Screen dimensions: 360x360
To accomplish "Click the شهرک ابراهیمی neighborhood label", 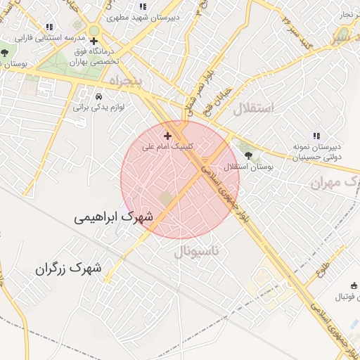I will point(114,218).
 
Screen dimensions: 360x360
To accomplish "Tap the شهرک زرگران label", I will point(68,268).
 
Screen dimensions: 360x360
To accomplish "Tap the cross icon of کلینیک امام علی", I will point(167,135).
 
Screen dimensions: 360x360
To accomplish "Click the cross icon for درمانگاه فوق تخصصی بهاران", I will point(94,41).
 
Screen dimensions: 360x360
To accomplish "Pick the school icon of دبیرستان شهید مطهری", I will point(143,6).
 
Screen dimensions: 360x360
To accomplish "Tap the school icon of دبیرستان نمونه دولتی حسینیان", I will point(316,135).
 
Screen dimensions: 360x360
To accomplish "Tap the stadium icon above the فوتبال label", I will point(355,285).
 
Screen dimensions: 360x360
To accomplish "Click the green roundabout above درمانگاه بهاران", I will point(94,31).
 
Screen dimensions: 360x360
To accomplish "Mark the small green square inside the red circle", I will point(165,199).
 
